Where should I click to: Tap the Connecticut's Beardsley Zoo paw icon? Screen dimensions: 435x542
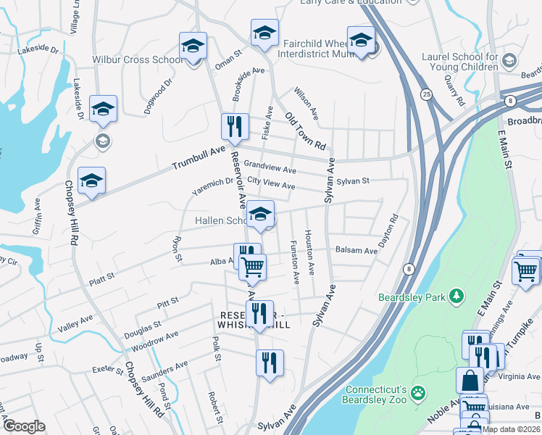pyautogui.click(x=418, y=393)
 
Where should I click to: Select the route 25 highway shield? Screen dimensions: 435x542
pyautogui.click(x=426, y=94)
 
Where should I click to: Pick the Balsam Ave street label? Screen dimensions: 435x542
pyautogui.click(x=357, y=251)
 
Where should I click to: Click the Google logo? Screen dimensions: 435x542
pyautogui.click(x=24, y=426)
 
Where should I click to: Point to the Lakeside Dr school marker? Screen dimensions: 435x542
pyautogui.click(x=103, y=109)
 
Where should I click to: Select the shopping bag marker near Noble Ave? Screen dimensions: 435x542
pyautogui.click(x=470, y=379)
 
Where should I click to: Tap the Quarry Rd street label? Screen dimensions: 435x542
pyautogui.click(x=454, y=90)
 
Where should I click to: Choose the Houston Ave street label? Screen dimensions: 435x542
pyautogui.click(x=309, y=252)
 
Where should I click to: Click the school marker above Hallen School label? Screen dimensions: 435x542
pyautogui.click(x=260, y=213)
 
